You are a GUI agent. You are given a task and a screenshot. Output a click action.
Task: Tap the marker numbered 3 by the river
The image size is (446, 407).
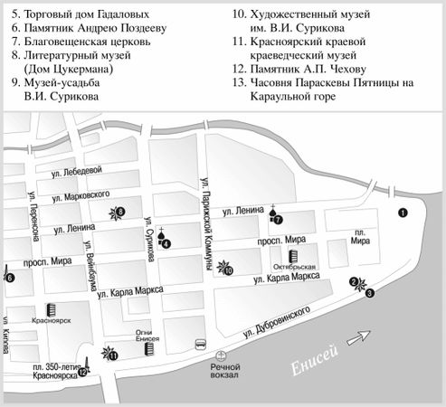point(369,292)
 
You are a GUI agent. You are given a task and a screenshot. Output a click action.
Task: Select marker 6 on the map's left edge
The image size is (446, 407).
point(10,278)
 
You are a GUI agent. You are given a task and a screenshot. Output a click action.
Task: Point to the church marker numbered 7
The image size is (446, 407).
point(278,218)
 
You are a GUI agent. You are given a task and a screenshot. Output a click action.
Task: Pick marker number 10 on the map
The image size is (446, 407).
point(229,270)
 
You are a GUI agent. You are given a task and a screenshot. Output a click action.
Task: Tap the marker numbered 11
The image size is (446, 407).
point(114,355)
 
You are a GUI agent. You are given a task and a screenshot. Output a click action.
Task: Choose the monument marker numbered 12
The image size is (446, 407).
point(83,372)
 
